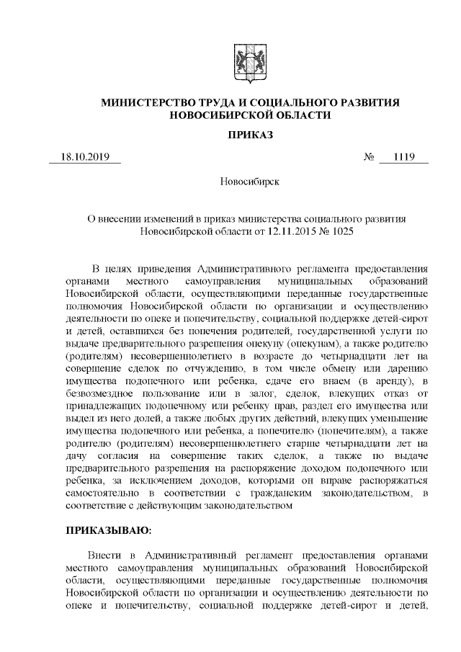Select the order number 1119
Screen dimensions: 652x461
(404, 157)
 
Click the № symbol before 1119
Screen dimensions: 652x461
(368, 157)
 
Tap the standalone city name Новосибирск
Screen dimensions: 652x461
(249, 182)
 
